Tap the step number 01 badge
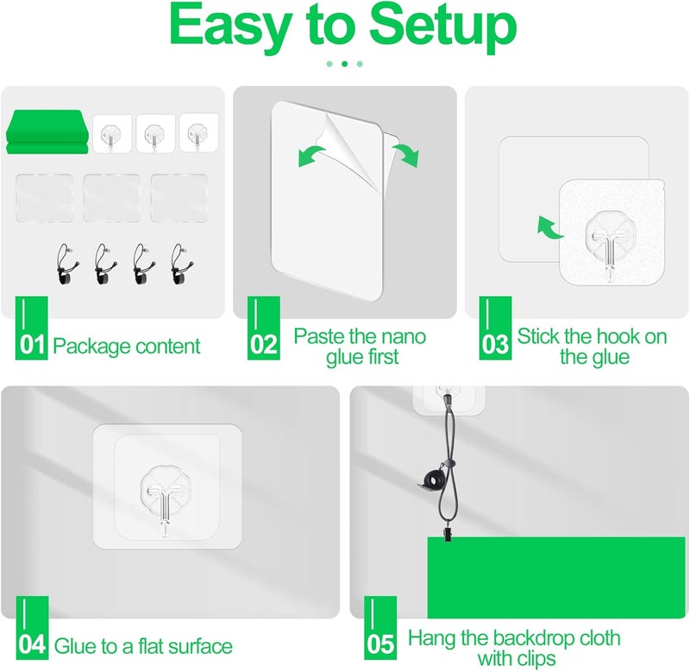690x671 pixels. point(32,328)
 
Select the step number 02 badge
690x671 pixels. point(264,328)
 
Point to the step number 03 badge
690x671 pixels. point(495,328)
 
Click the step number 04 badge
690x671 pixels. point(32,628)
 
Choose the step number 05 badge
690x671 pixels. point(380,628)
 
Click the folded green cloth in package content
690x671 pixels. point(47,132)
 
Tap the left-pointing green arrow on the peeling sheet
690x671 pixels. point(311,155)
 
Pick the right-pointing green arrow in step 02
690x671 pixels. point(406,154)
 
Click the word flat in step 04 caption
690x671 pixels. point(151,646)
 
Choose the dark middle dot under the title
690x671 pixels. point(344,64)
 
